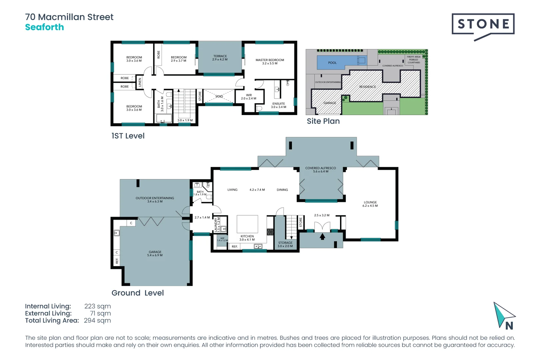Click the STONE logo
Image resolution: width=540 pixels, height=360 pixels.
[483, 24]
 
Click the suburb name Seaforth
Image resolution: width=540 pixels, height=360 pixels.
[44, 27]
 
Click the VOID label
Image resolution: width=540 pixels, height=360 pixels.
[219, 96]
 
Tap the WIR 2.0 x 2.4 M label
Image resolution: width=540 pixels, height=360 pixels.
[249, 97]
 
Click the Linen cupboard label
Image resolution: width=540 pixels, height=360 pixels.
[140, 82]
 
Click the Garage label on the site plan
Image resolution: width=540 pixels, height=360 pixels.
[330, 103]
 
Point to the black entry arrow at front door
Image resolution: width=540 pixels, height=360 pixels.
[322, 237]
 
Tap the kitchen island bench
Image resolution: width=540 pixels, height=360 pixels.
[247, 224]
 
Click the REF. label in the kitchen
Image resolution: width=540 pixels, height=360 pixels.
[235, 247]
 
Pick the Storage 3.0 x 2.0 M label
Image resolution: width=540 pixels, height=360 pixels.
[285, 244]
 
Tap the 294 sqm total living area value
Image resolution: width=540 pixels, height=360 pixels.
[97, 321]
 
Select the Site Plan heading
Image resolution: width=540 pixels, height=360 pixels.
[323, 121]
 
